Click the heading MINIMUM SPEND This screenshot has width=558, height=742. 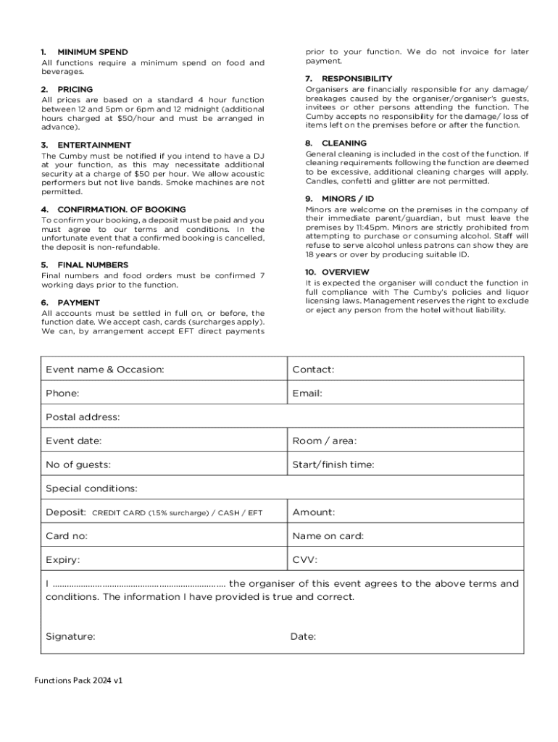(92, 52)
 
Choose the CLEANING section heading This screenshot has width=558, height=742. (344, 143)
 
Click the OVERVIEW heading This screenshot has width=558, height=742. (346, 272)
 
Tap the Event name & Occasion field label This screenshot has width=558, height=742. (105, 370)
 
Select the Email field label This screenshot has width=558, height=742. (307, 393)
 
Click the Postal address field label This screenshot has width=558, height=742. (83, 417)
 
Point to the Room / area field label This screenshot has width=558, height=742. (324, 441)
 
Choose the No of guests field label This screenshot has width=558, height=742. (78, 464)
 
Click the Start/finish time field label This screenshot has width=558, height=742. (333, 464)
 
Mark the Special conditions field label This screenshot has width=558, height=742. (91, 488)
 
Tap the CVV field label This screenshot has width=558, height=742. (304, 560)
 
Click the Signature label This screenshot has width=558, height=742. (70, 637)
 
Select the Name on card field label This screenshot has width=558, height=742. (328, 536)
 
